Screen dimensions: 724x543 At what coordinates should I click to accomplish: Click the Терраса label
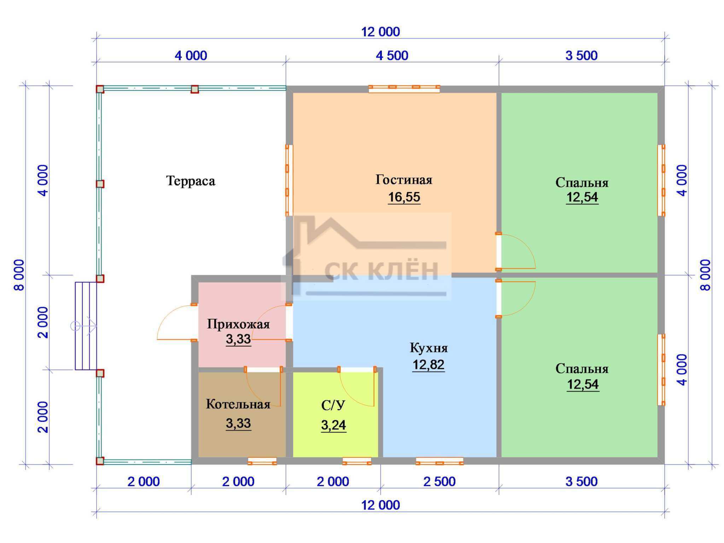pyautogui.click(x=191, y=181)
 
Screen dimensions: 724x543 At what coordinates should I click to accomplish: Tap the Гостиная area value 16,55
pyautogui.click(x=404, y=197)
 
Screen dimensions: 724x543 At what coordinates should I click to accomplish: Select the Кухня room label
pyautogui.click(x=428, y=348)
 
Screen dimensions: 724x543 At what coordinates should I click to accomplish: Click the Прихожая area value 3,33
pyautogui.click(x=238, y=339)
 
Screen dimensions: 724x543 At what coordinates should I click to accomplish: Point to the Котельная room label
pyautogui.click(x=238, y=404)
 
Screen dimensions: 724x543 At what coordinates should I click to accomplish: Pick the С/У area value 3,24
pyautogui.click(x=333, y=425)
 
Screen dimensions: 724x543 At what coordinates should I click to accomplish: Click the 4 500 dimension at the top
pyautogui.click(x=392, y=56)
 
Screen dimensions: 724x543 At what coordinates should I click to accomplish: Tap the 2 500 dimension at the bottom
pyautogui.click(x=439, y=481)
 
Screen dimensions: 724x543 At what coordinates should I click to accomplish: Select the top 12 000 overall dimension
pyautogui.click(x=380, y=32)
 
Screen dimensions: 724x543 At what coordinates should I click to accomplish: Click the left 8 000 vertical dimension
pyautogui.click(x=19, y=275)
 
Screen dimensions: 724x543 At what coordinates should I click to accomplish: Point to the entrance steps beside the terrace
pyautogui.click(x=86, y=326)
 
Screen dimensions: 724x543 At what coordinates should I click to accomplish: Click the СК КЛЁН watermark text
pyautogui.click(x=381, y=270)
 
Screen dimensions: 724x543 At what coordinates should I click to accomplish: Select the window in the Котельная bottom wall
pyautogui.click(x=262, y=461)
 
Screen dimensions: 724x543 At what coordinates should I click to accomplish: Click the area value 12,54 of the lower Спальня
pyautogui.click(x=583, y=384)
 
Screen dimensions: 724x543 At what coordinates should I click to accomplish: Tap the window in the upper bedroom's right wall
pyautogui.click(x=661, y=180)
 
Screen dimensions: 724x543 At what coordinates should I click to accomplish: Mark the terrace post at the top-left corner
pyautogui.click(x=100, y=89)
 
